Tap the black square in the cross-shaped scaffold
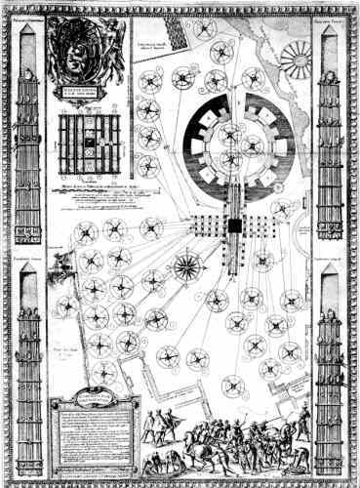[235, 225]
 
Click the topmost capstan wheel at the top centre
[205, 28]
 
